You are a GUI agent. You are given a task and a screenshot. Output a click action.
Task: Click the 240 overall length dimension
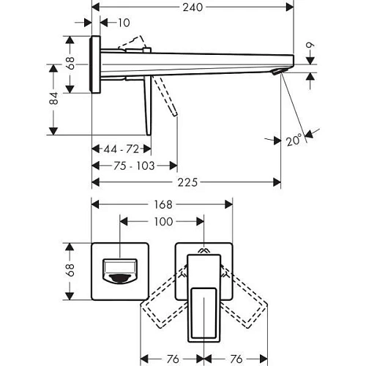[x=194, y=7]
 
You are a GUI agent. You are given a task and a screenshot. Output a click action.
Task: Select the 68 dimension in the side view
[x=70, y=64]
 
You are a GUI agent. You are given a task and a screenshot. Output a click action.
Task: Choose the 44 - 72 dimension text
[x=121, y=149]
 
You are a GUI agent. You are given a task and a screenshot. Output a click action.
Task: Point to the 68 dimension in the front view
[x=70, y=272]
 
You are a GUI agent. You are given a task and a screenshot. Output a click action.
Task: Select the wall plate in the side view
[x=95, y=64]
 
